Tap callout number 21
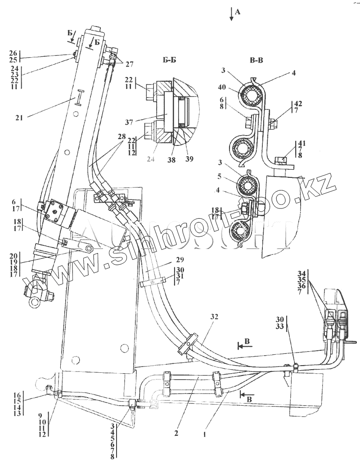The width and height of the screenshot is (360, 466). (18, 118)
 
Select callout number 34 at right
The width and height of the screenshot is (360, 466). (301, 273)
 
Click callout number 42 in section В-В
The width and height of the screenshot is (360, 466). (298, 104)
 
